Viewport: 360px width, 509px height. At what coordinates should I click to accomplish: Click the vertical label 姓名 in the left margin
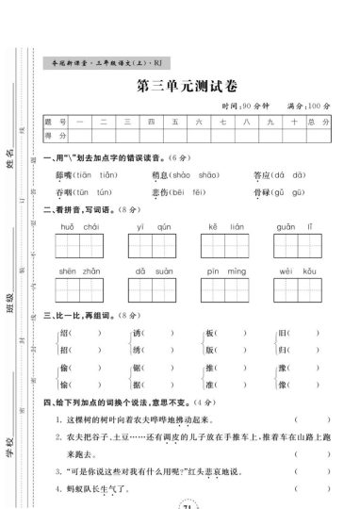[x=11, y=157]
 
